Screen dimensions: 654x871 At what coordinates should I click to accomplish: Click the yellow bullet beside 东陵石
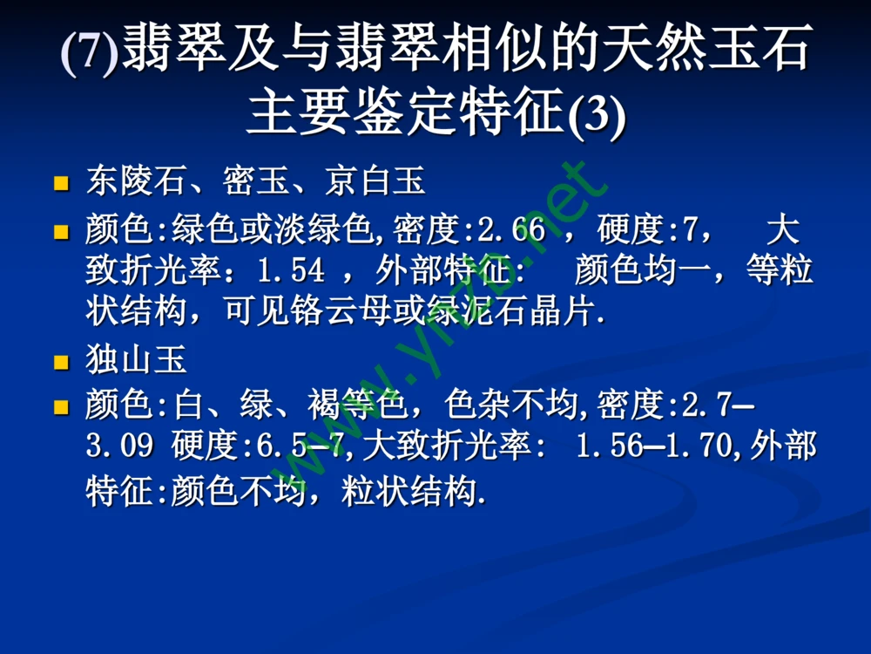(61, 184)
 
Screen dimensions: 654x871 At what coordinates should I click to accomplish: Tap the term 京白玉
(375, 182)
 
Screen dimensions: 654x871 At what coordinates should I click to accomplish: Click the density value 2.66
(512, 231)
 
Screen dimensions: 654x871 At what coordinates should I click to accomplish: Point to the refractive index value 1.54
(291, 271)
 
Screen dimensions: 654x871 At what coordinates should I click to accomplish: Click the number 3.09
(120, 446)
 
